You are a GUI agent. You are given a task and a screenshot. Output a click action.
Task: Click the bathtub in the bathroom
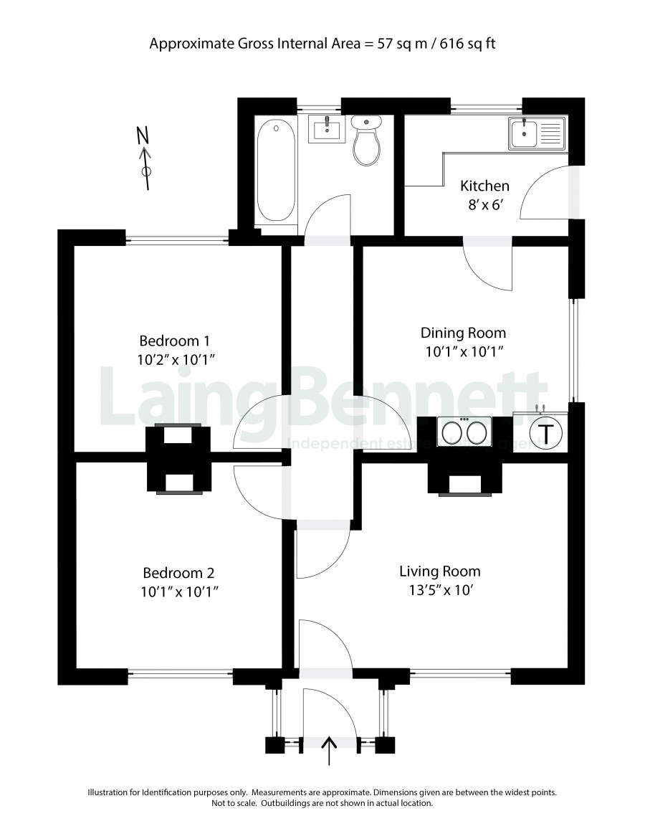coord(275,171)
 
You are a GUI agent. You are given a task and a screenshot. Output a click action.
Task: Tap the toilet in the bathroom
coord(366,140)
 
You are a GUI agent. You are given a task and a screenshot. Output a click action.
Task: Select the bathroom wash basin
coord(327,129)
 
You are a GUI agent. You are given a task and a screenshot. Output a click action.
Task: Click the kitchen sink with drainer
coord(537,132)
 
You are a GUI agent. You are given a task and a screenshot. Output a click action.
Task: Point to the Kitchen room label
coord(484,186)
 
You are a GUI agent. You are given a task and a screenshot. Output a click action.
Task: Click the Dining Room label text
coord(464,333)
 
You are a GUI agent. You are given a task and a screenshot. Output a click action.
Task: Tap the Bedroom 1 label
coord(174,341)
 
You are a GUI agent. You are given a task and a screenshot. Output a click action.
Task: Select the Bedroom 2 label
coord(178,573)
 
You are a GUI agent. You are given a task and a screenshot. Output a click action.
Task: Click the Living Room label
coord(439,571)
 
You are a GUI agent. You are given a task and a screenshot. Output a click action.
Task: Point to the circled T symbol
coord(547,434)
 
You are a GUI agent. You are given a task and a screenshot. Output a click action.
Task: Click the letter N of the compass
coord(143,136)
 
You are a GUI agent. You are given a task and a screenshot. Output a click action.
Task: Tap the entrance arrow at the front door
coord(329,751)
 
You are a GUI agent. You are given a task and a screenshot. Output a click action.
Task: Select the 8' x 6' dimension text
coord(484,205)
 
